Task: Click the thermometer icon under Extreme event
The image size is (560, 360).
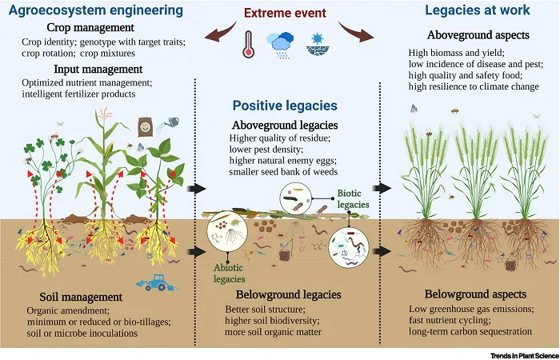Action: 248,44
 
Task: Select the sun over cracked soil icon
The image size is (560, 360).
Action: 317,44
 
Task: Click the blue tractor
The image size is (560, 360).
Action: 157,282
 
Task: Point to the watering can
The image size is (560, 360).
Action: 168,124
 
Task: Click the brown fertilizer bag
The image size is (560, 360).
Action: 146,126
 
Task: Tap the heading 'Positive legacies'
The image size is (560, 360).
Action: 285,106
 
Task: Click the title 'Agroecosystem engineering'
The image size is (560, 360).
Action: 96,10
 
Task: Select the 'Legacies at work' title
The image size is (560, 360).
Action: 477,10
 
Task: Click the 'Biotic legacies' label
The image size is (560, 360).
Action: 353,199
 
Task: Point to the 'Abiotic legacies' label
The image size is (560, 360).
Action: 229,274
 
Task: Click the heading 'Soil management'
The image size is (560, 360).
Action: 81,297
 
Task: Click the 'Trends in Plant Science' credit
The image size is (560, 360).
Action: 524,356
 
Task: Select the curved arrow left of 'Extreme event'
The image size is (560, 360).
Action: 220,34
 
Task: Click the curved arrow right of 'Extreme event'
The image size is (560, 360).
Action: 356,33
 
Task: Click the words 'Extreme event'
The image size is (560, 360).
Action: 285,14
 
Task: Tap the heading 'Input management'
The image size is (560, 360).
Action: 98,70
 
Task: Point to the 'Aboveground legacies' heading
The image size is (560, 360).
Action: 285,126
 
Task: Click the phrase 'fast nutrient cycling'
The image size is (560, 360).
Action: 450,320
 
